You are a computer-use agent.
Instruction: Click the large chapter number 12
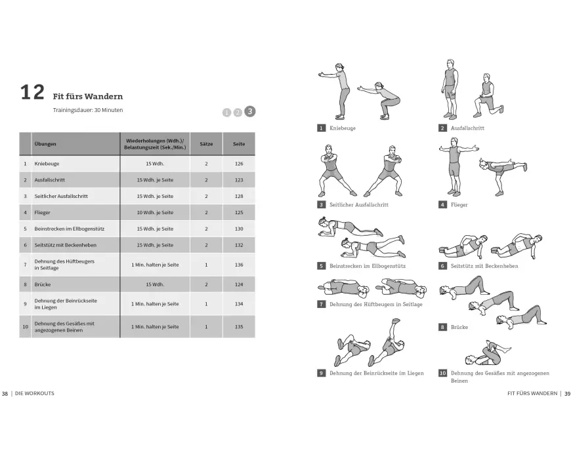pos(31,92)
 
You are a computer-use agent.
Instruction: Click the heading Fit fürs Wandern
pos(87,96)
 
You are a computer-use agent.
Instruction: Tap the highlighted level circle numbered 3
pos(249,111)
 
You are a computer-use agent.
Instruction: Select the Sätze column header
pos(206,144)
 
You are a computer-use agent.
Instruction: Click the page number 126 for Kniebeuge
pos(238,164)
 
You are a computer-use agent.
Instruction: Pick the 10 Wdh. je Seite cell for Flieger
pos(155,212)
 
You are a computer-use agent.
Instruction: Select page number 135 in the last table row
pos(238,326)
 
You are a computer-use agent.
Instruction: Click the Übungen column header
pos(45,144)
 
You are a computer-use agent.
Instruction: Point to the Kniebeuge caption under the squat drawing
pos(343,128)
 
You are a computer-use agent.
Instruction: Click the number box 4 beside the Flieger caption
pos(443,205)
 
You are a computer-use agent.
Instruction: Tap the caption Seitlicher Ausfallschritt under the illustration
pos(359,205)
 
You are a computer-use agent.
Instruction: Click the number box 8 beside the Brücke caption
pos(443,327)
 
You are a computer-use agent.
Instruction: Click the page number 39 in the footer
pos(568,394)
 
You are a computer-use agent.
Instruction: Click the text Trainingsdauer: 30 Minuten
pos(88,110)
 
